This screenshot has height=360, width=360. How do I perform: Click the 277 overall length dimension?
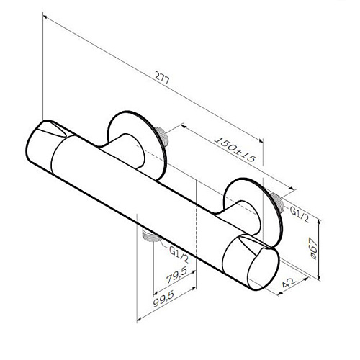(x=162, y=77)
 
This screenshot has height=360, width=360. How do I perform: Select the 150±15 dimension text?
(x=235, y=149)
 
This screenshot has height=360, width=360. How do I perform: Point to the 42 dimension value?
(x=289, y=282)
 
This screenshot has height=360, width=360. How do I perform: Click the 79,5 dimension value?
(x=176, y=275)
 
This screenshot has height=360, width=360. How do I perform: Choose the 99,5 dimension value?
(x=163, y=299)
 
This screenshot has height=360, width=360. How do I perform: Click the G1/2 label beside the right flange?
(x=300, y=214)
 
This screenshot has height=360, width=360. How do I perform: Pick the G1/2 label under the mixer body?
(x=179, y=254)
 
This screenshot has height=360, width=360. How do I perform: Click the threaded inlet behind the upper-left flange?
(x=162, y=135)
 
